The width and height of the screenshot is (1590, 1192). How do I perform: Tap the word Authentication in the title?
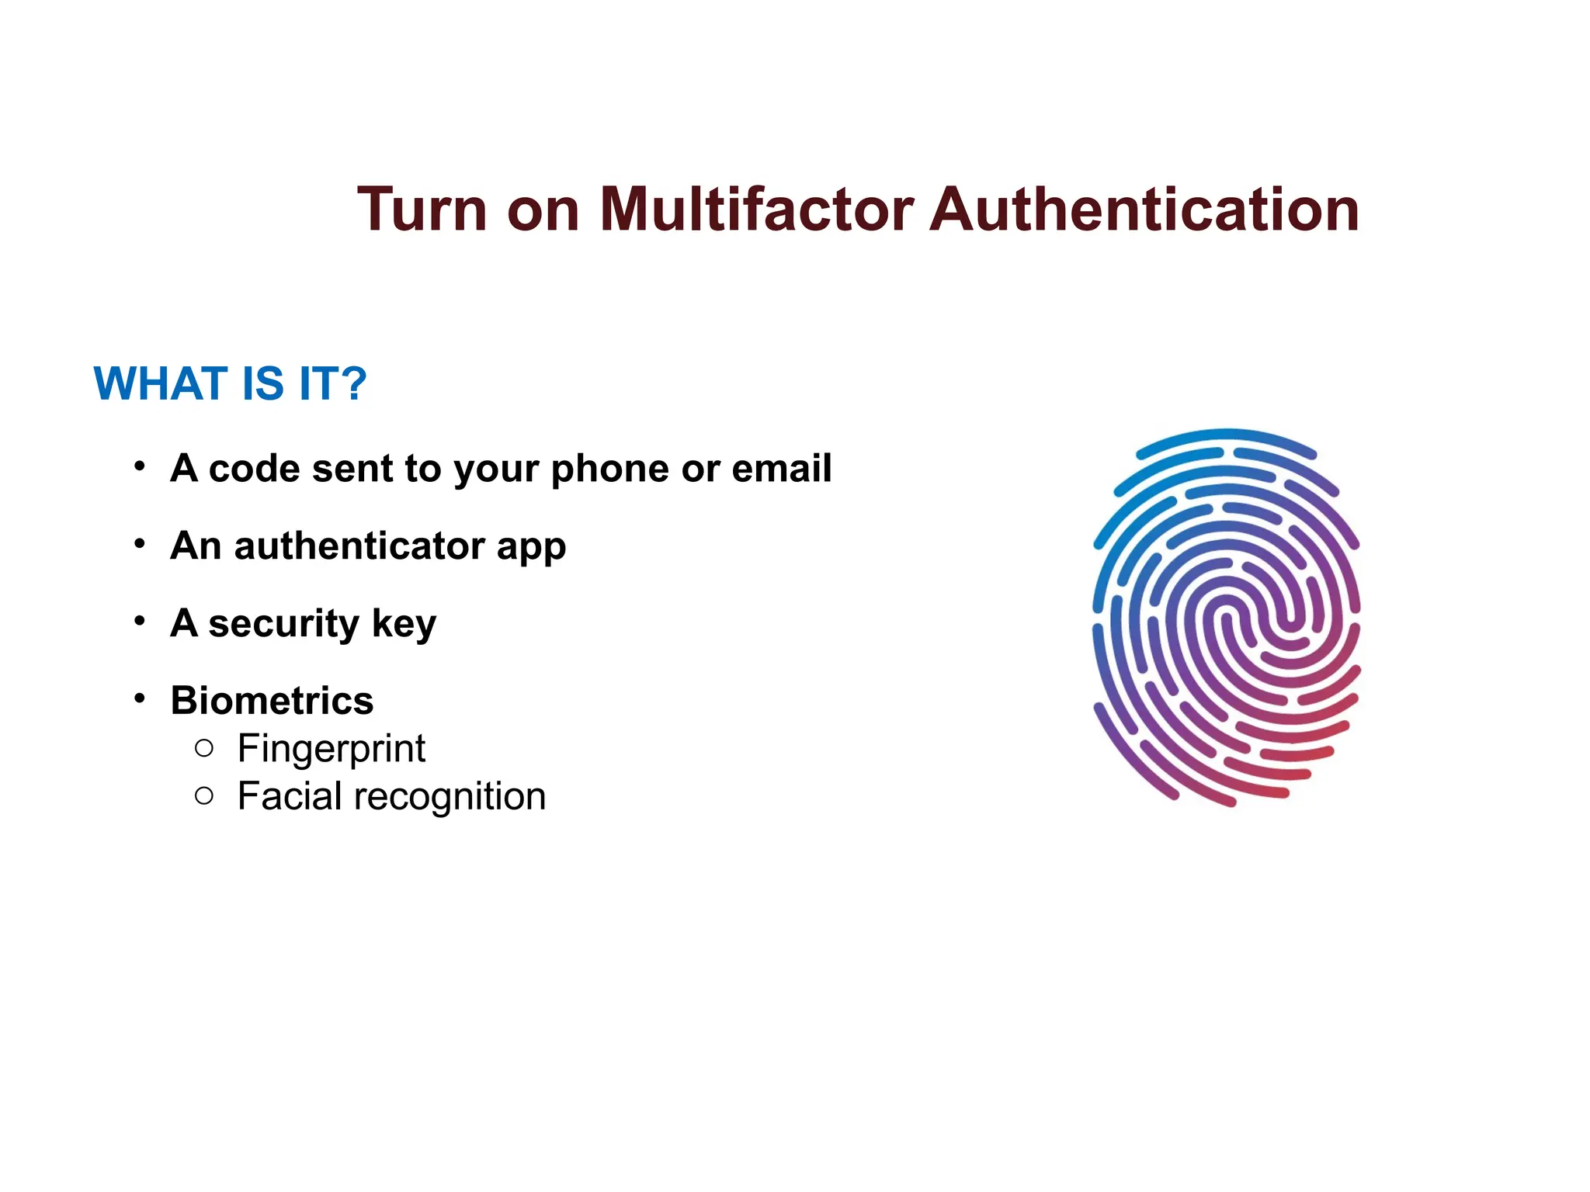point(1144,210)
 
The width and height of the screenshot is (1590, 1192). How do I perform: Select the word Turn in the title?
point(422,210)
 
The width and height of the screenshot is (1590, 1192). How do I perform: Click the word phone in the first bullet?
point(610,470)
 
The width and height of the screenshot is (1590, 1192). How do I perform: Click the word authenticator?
point(359,546)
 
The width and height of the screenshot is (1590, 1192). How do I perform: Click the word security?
point(283,624)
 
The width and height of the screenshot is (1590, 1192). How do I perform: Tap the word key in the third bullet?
point(404,624)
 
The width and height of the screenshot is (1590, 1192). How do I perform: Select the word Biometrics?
point(272,700)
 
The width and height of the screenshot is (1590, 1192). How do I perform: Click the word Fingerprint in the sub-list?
point(332,750)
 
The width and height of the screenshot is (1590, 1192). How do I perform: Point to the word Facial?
point(290,796)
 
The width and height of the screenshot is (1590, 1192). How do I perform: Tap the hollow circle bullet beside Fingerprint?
point(204,748)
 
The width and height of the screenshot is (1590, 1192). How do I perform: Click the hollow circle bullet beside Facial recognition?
point(204,795)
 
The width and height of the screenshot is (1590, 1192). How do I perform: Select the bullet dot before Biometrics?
point(140,698)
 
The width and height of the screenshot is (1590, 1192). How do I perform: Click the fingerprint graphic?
point(1227,617)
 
